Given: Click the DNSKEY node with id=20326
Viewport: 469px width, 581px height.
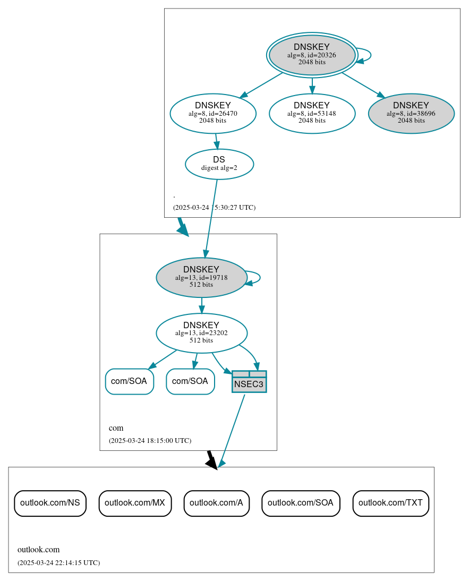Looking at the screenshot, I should tap(312, 55).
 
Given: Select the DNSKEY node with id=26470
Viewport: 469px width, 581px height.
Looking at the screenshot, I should tap(213, 113).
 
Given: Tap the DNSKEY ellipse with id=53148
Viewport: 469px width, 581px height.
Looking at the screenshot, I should tap(312, 113).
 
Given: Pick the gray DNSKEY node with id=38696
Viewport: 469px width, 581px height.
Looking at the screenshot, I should tap(411, 113).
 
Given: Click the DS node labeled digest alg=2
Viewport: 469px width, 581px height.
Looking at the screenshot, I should tap(219, 164).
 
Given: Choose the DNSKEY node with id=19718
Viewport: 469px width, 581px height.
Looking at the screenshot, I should tap(201, 277).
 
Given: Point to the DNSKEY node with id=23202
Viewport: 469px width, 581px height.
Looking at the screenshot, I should tap(201, 333).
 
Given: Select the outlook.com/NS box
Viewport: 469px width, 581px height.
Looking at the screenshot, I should tap(50, 503).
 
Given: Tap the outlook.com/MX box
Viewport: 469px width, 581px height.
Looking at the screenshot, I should tap(135, 503).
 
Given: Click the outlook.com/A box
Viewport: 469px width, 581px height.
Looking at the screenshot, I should tap(216, 503).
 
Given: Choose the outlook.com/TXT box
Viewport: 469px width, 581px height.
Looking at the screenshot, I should tap(390, 503).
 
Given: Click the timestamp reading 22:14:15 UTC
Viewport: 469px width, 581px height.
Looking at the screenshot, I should tap(58, 562).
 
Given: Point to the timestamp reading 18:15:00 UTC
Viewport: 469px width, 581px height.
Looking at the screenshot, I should tap(150, 440).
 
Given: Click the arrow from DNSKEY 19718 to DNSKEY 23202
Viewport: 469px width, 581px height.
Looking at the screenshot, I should tap(201, 305).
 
